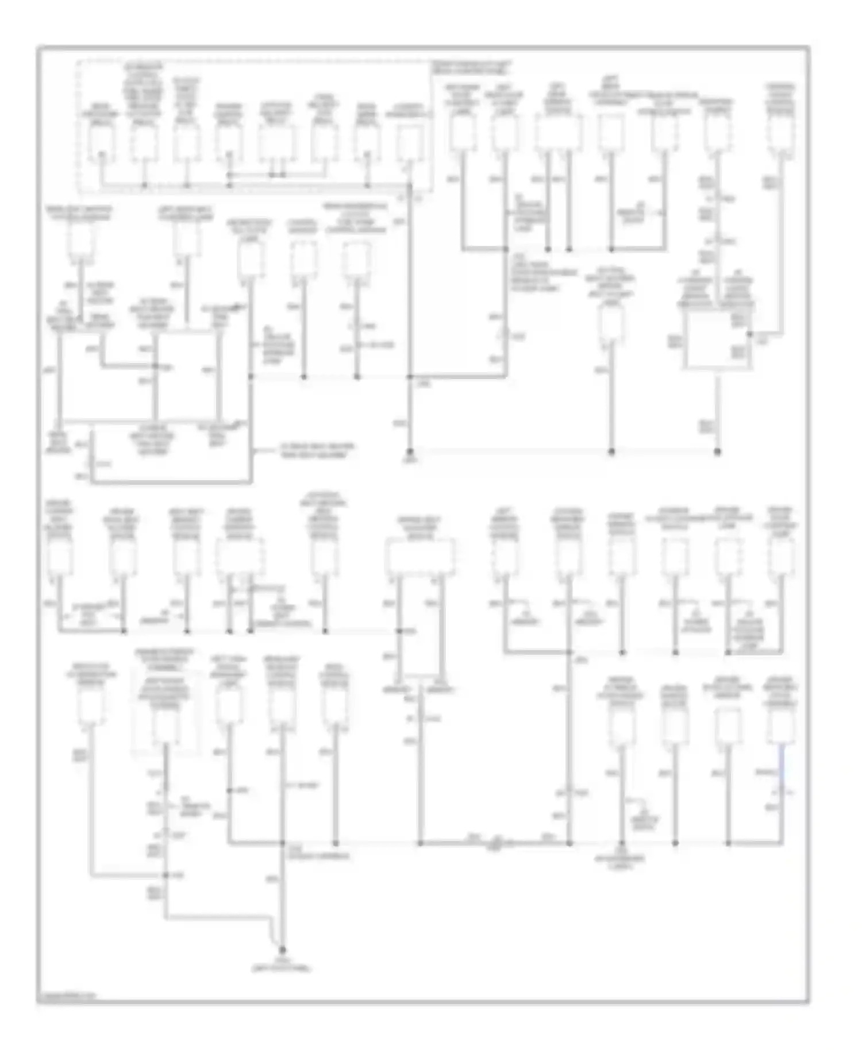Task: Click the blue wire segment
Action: coord(782,764)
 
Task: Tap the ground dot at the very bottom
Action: coord(282,949)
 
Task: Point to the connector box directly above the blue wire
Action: coord(782,725)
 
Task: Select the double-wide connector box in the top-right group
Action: coord(558,132)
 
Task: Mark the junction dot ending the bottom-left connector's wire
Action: coord(165,875)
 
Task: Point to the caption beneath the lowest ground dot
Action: coord(282,966)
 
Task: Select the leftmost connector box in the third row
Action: coord(59,557)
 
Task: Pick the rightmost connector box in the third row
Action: coord(782,557)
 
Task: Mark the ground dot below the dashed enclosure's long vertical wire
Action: coord(410,451)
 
